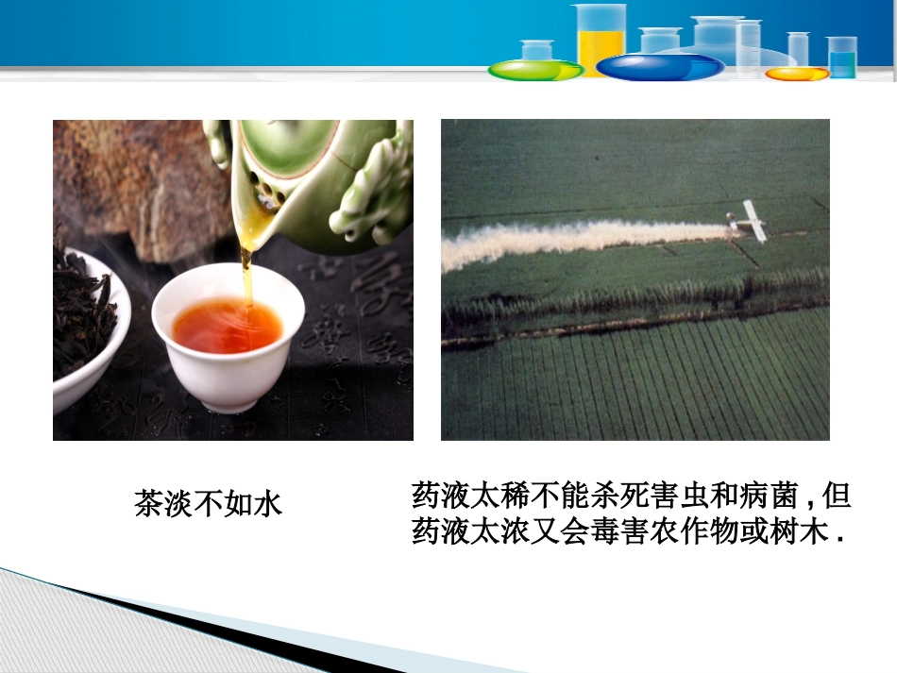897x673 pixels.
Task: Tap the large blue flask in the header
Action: click(x=660, y=66)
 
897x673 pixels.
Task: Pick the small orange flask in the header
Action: click(x=796, y=73)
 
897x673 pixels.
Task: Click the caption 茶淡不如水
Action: click(x=209, y=503)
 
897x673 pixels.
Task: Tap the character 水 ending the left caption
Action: click(x=268, y=503)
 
